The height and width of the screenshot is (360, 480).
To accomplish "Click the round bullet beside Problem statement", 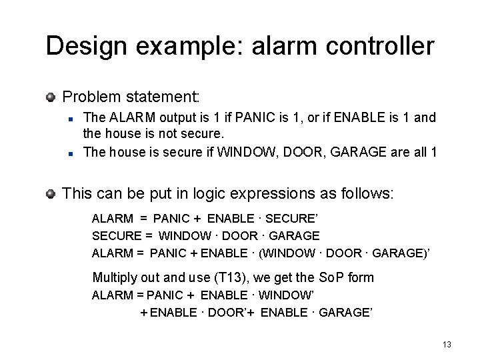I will [51, 97].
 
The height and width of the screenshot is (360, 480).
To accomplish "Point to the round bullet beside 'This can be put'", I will [51, 194].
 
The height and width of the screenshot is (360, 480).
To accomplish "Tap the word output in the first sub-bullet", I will [176, 118].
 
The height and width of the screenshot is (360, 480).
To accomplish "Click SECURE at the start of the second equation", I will [117, 236].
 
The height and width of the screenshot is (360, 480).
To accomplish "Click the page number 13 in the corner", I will [447, 344].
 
